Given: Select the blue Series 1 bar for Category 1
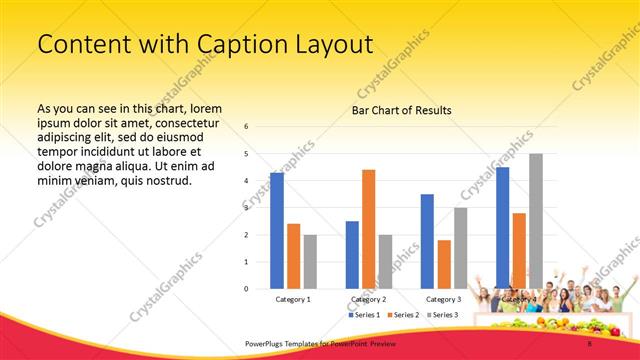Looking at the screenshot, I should tap(277, 230).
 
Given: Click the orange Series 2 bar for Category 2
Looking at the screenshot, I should tap(368, 229).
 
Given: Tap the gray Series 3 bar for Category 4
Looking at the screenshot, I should tap(536, 221).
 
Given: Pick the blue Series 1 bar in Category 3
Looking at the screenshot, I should tap(427, 241).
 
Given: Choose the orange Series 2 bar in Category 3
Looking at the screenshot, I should tap(444, 264).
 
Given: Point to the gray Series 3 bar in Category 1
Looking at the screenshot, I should tap(310, 261).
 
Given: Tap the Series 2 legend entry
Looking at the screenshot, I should tap(404, 315).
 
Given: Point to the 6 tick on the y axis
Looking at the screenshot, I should tap(246, 127).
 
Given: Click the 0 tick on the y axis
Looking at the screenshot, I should tap(246, 289).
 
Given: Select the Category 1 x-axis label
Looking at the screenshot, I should tap(293, 299).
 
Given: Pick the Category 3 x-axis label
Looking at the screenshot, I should tap(443, 299).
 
